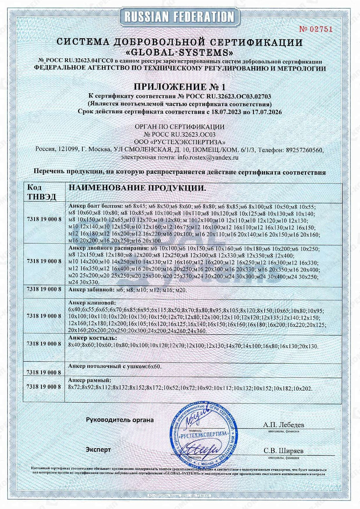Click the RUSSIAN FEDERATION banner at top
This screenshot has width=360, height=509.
pos(179,17)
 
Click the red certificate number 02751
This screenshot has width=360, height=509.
pos(316,29)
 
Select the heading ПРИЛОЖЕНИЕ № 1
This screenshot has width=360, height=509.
pos(179,87)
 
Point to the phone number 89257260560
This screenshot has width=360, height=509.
pos(304,150)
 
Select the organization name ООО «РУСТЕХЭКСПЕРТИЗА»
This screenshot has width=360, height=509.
pos(179,142)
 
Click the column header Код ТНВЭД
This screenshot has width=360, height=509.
pos(35,192)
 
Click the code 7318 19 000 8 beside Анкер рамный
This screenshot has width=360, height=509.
pos(44,387)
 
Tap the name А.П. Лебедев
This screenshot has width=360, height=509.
pos(283,425)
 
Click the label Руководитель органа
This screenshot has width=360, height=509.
pos(120,420)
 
